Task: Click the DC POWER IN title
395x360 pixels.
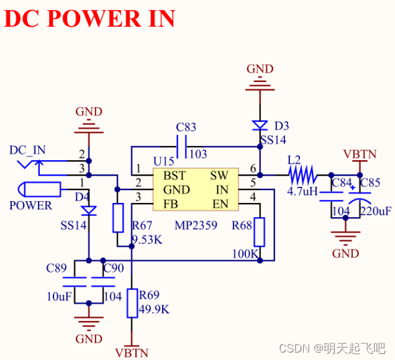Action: click(89, 19)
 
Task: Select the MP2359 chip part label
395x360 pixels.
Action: click(194, 225)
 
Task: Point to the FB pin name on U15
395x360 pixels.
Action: click(171, 204)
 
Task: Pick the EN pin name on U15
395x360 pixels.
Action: click(220, 204)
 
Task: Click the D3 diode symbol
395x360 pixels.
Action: click(260, 125)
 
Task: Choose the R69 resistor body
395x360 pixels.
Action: click(132, 303)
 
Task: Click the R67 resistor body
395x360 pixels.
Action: click(118, 218)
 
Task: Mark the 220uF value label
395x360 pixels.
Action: click(375, 212)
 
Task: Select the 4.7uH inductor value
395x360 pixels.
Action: click(302, 192)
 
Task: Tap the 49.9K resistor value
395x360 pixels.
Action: click(153, 309)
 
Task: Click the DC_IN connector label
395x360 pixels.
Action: click(27, 150)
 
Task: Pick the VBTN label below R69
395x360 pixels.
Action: click(132, 353)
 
